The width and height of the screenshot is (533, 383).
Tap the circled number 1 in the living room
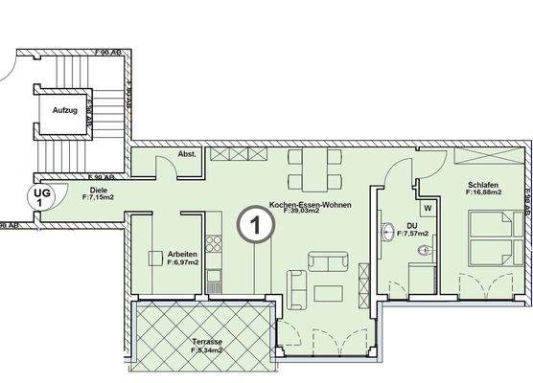click(x=252, y=227)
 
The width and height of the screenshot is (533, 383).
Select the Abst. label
click(x=187, y=154)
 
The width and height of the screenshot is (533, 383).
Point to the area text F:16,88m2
click(x=483, y=193)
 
